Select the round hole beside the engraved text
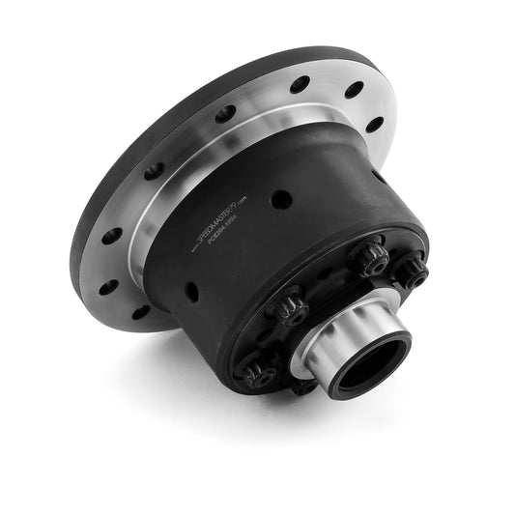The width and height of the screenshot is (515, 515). point(281,199)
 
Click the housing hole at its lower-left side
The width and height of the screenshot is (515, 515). point(192,290)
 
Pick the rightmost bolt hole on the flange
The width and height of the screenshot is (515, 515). point(375,124)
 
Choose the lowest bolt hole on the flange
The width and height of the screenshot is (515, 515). point(141,311)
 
